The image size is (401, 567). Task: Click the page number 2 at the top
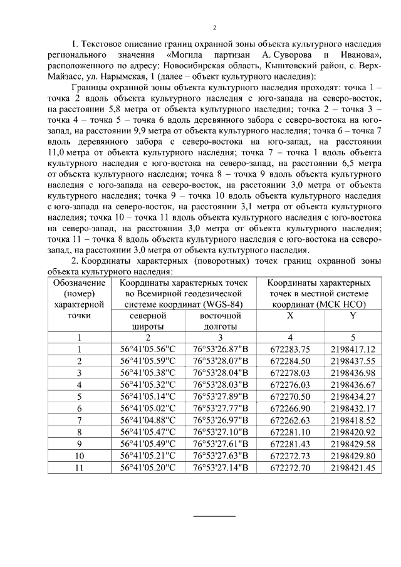[214, 28]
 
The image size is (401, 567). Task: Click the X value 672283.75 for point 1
[290, 349]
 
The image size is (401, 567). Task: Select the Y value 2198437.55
[353, 361]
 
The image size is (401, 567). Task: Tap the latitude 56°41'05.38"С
[148, 373]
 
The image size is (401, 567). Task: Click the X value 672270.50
[290, 396]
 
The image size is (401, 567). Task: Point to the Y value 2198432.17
[353, 408]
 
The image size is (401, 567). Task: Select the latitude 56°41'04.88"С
[148, 420]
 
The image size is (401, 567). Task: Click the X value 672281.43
[290, 444]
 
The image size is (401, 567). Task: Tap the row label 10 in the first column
[79, 455]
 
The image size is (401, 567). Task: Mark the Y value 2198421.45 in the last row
[353, 467]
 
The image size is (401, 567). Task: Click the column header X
[290, 316]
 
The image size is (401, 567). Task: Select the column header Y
[353, 316]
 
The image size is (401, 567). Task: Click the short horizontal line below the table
[214, 516]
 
